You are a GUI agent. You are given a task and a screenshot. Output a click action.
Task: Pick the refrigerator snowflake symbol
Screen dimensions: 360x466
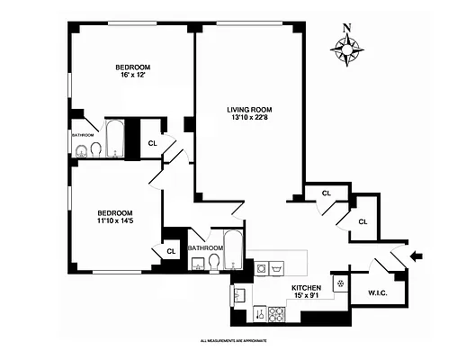(340, 283)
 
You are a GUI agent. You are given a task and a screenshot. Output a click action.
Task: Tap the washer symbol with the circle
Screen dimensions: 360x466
(261, 268)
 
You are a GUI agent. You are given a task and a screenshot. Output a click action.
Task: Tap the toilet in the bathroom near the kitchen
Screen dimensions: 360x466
(214, 262)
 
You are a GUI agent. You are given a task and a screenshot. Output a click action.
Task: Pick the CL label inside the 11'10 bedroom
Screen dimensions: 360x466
(171, 252)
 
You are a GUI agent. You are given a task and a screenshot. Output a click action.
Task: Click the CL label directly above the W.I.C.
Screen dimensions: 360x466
(363, 221)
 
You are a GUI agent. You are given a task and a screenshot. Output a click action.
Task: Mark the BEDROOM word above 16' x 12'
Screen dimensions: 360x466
(131, 67)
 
